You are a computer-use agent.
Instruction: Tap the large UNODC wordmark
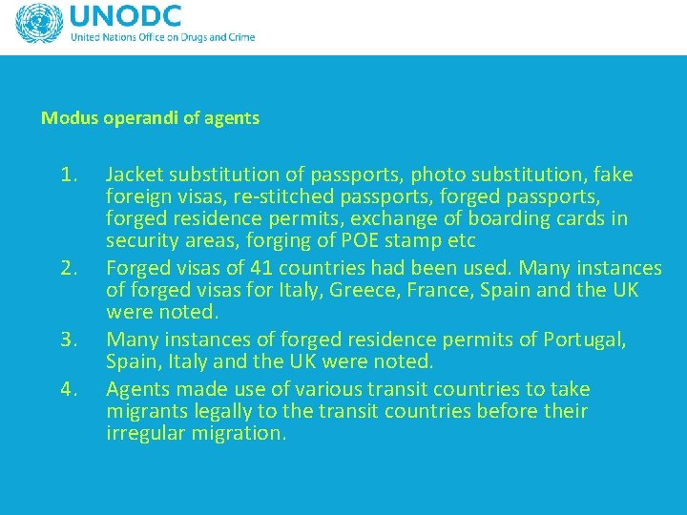(125, 16)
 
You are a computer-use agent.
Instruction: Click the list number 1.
(68, 175)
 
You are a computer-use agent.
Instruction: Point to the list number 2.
(68, 268)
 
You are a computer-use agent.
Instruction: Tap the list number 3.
(68, 340)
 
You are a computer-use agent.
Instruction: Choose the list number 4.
(68, 389)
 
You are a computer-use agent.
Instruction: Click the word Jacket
(134, 175)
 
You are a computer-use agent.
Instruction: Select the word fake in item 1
(614, 175)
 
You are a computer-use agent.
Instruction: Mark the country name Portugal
(585, 340)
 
